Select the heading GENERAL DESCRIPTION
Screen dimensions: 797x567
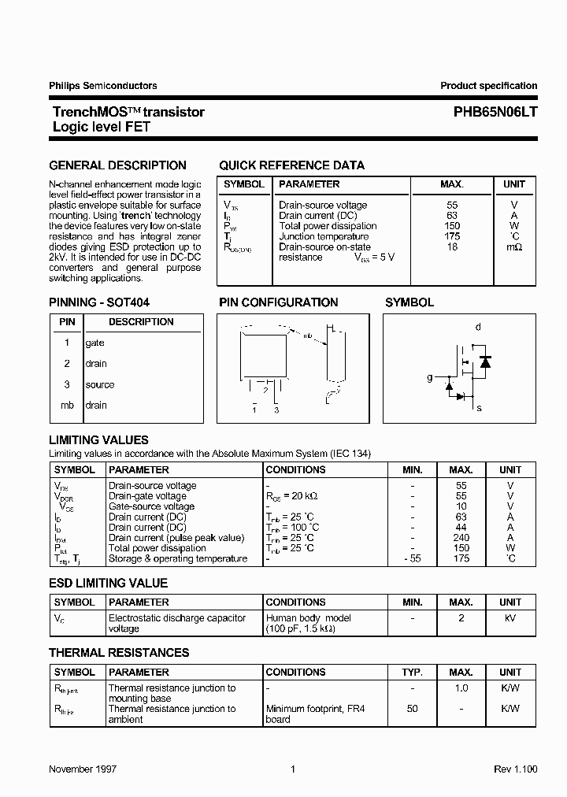[117, 165]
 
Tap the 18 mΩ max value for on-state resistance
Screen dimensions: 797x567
[452, 247]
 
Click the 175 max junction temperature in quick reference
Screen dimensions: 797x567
[452, 236]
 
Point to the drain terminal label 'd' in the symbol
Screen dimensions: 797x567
[477, 327]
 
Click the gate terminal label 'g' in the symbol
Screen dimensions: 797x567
[430, 378]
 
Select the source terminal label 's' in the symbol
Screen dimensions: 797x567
[479, 408]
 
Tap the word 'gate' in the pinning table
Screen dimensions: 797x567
[94, 343]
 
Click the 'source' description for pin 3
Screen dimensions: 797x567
[100, 385]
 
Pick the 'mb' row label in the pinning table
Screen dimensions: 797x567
[67, 406]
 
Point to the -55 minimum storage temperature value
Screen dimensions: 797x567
[412, 559]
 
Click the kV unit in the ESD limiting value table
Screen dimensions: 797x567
[510, 619]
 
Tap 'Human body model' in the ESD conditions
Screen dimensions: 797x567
[309, 619]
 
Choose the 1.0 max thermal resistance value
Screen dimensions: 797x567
[461, 688]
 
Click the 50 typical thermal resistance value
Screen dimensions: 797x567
[413, 710]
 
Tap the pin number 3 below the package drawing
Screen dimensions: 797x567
[276, 410]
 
